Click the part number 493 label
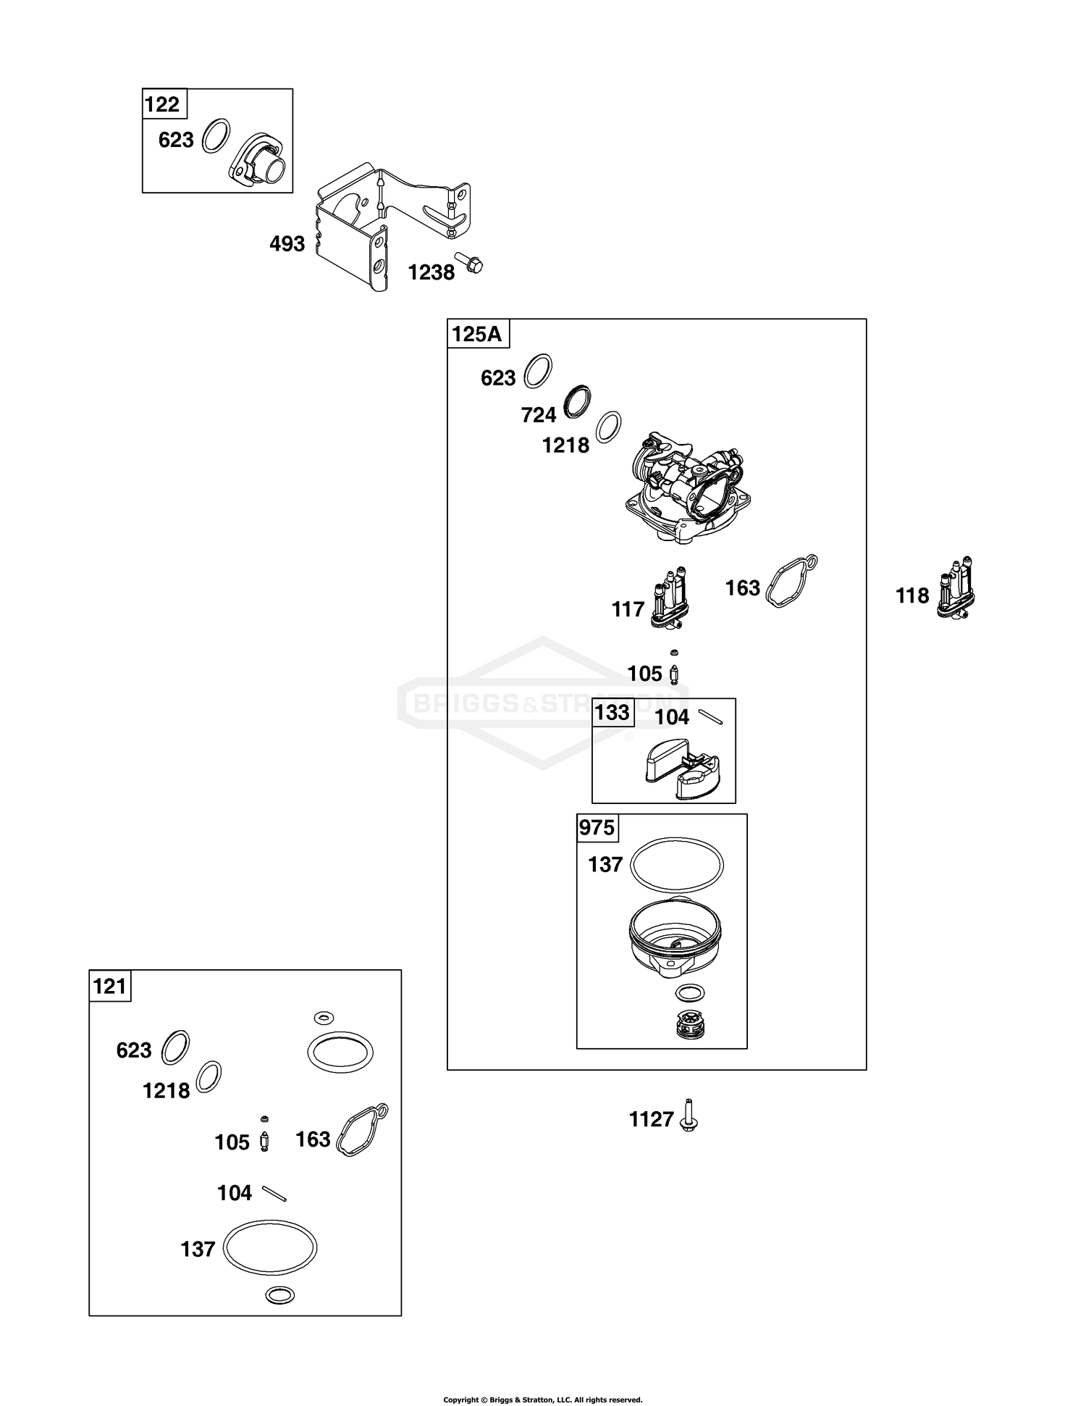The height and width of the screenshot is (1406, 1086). tap(287, 244)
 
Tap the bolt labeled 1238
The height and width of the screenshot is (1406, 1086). tap(469, 262)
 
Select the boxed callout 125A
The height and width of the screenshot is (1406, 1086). tap(477, 334)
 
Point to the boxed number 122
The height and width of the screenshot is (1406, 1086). tap(163, 104)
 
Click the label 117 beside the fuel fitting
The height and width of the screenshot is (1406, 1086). tap(628, 610)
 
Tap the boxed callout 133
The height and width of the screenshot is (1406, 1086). tap(613, 713)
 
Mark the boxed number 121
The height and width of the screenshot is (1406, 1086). tap(110, 987)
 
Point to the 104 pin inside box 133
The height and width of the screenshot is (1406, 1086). tap(710, 716)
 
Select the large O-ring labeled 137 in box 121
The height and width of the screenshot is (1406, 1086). tap(269, 1247)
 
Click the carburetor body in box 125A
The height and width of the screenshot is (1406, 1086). tap(687, 489)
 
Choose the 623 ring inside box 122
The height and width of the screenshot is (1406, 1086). tap(216, 135)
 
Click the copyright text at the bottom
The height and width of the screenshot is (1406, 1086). tap(542, 1400)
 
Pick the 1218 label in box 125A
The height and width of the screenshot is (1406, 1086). tap(565, 445)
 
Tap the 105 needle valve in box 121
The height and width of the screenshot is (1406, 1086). tap(265, 1142)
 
